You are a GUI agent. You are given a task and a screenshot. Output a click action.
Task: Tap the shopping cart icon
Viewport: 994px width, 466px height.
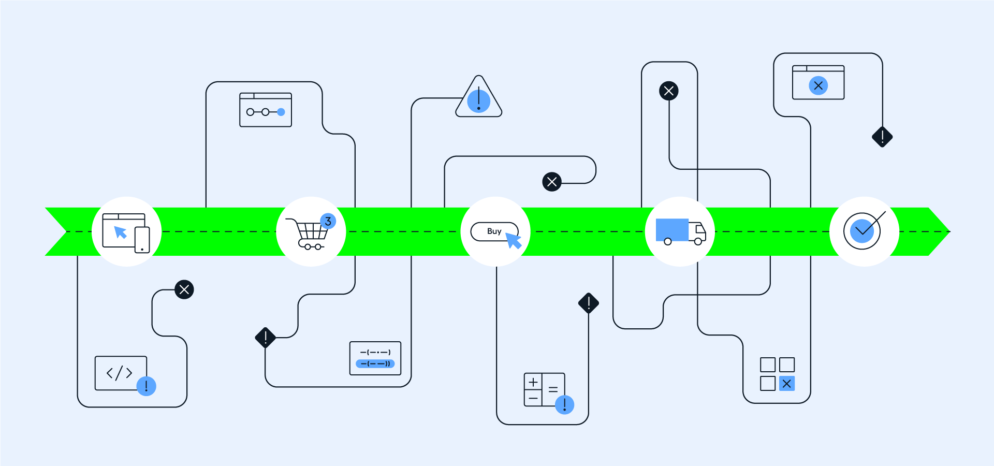[310, 234]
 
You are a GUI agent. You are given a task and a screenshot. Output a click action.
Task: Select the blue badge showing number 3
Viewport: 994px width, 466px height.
[328, 221]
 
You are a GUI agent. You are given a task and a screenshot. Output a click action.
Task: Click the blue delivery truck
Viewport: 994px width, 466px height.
[680, 231]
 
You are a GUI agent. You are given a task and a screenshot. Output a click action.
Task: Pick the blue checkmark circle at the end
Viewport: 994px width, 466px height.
[862, 231]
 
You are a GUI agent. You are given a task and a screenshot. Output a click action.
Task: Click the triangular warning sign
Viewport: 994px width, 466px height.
[478, 99]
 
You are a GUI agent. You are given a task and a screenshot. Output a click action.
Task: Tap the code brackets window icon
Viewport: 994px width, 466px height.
[121, 373]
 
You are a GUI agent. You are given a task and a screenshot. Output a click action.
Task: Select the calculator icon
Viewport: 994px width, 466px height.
[544, 389]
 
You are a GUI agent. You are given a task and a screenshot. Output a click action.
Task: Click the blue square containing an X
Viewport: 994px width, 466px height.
[786, 384]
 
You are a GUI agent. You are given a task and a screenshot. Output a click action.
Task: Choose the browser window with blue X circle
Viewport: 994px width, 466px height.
[818, 82]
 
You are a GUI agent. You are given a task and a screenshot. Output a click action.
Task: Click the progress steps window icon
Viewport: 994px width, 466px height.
[266, 110]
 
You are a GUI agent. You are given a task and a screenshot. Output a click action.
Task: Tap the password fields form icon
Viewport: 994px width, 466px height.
[375, 358]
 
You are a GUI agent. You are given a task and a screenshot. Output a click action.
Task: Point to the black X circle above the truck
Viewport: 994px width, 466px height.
[668, 91]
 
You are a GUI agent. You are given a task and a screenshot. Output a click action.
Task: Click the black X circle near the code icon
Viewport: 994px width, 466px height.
[184, 289]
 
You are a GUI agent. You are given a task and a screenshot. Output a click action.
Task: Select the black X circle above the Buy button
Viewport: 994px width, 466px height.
[552, 182]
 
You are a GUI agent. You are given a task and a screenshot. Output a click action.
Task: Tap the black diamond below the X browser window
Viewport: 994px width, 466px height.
[882, 137]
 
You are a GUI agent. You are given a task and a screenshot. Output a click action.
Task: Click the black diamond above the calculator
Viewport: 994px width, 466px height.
[589, 303]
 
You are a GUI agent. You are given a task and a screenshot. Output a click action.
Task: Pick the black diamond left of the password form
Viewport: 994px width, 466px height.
[266, 338]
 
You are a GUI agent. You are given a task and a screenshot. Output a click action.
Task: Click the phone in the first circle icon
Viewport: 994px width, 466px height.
[142, 240]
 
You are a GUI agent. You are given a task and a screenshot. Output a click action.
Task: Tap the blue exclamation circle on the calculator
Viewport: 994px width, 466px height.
[564, 404]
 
